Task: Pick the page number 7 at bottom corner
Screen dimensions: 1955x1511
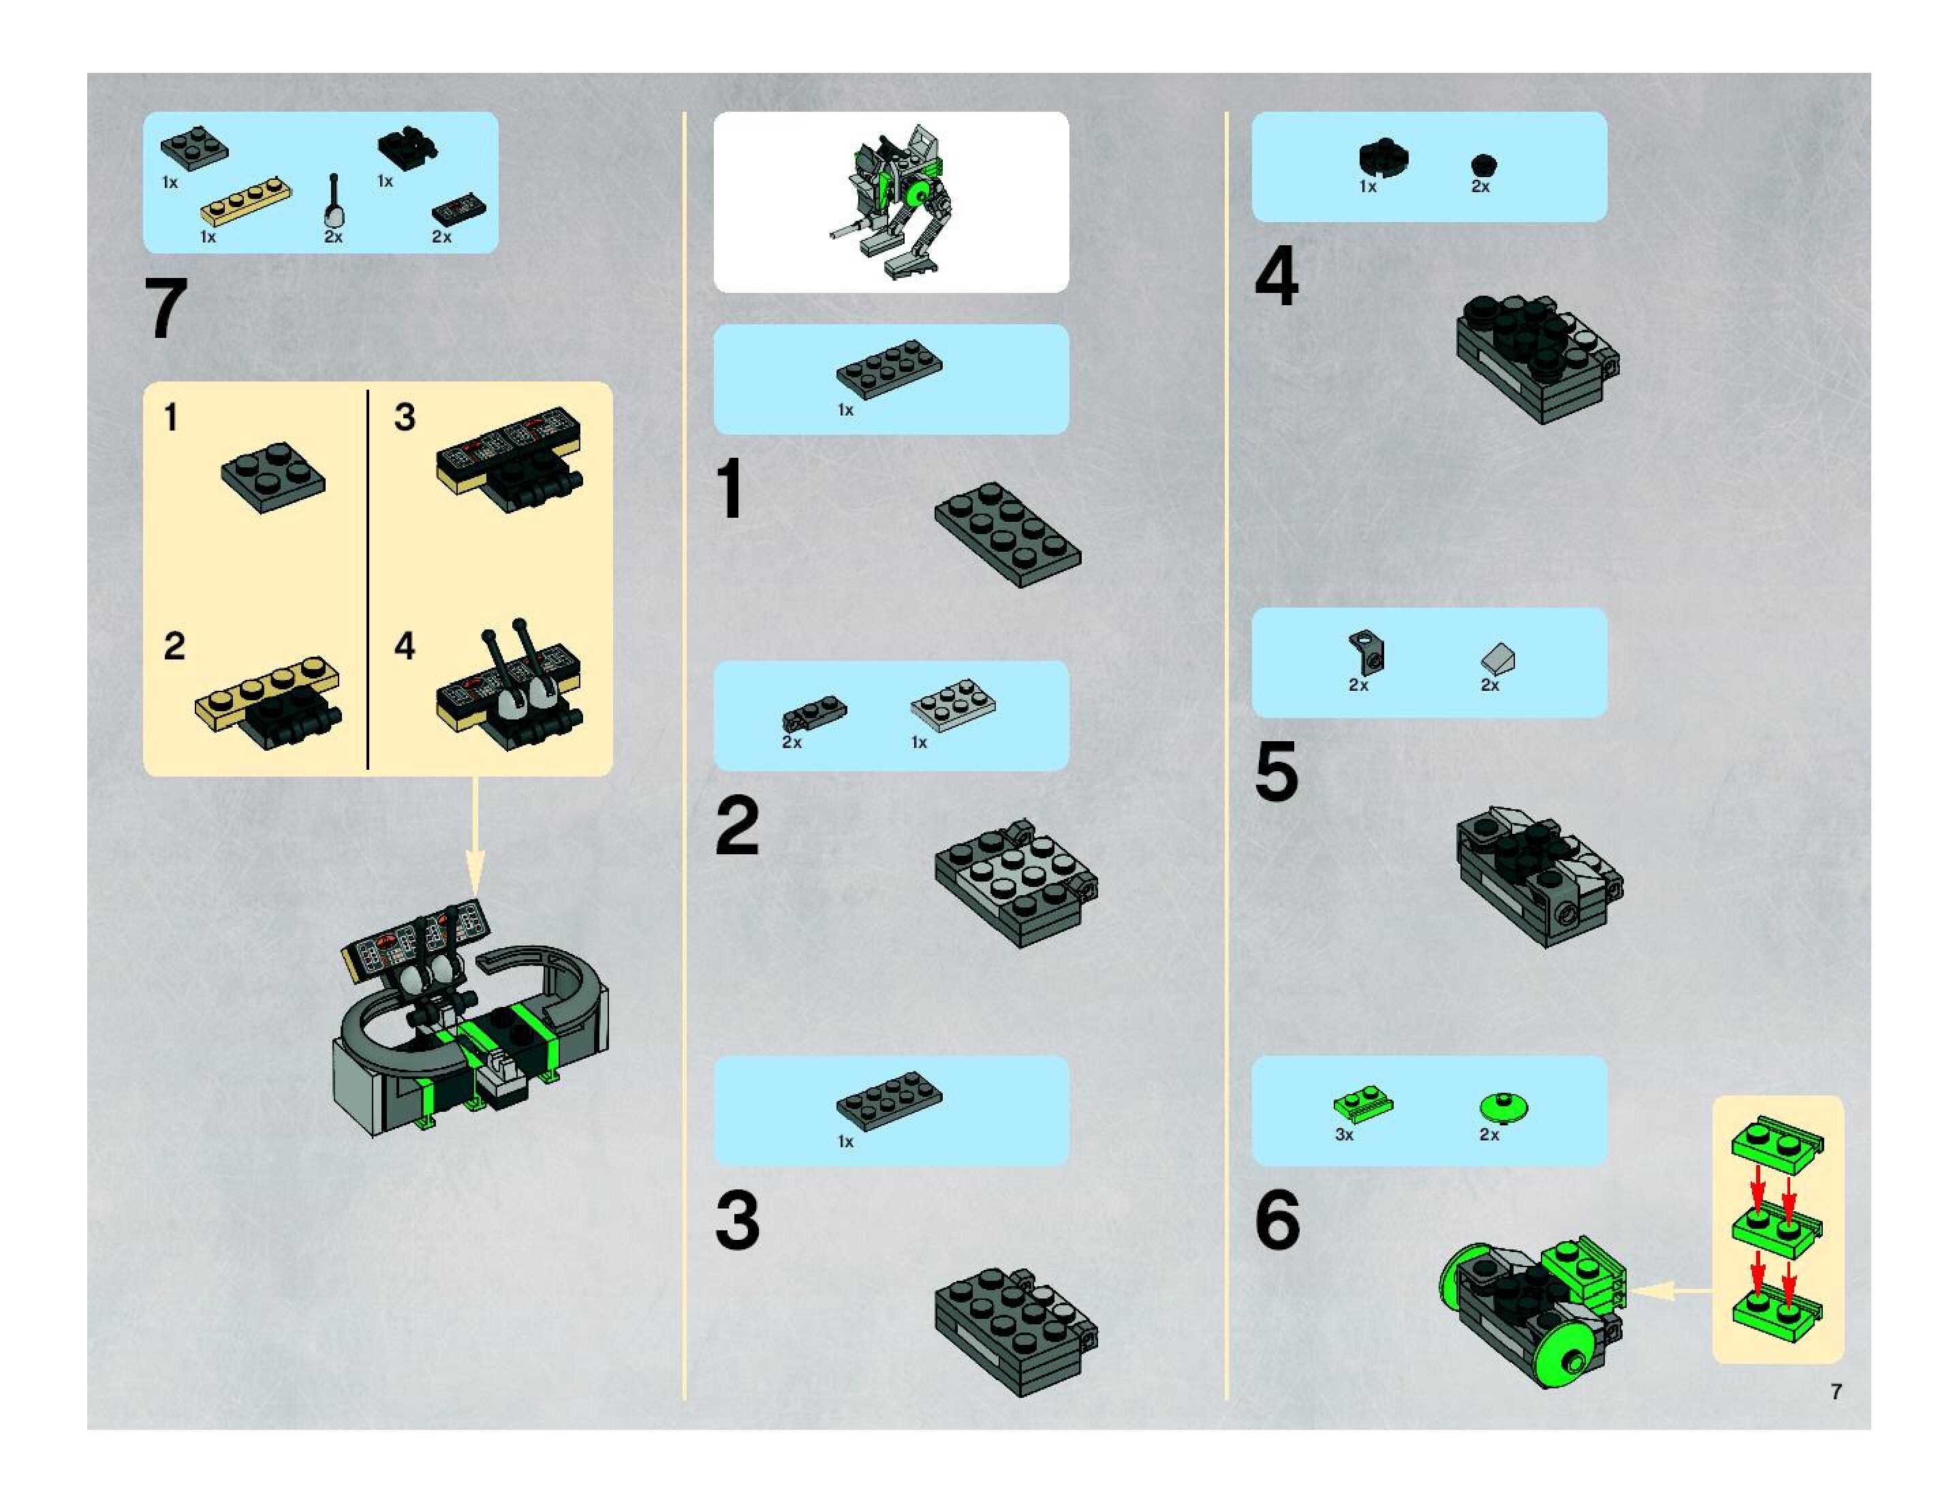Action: [x=1836, y=1392]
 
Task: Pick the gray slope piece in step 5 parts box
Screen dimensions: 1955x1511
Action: [x=1497, y=659]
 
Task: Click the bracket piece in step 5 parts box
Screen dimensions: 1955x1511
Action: [x=1366, y=653]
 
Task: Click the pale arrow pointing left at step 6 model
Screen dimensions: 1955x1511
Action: [x=1670, y=1291]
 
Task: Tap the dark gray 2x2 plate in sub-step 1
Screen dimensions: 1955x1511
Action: [x=273, y=477]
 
